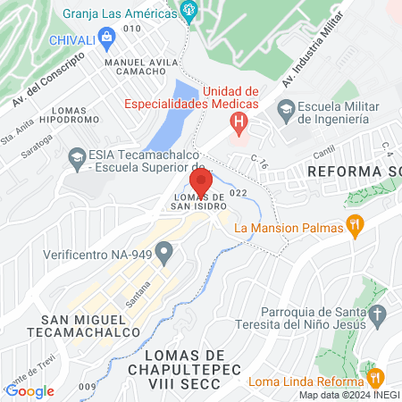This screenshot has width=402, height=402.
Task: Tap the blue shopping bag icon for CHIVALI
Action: click(x=108, y=38)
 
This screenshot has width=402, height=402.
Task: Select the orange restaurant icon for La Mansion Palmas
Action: click(x=355, y=227)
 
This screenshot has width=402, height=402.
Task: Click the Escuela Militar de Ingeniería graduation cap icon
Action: click(x=286, y=111)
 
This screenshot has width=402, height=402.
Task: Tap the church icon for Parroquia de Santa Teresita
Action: click(x=377, y=314)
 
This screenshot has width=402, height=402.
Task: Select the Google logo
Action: click(x=29, y=390)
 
